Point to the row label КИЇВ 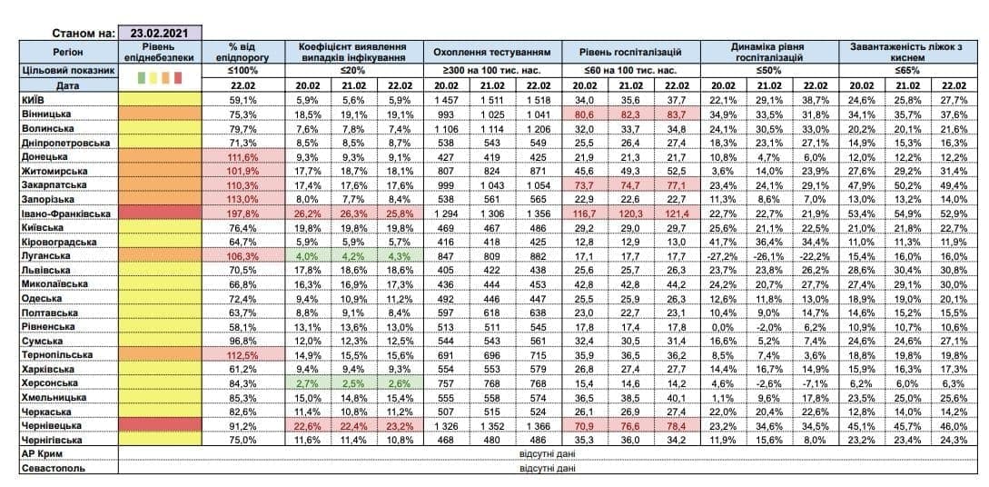pyautogui.click(x=29, y=99)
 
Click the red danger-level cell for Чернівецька pyautogui.click(x=159, y=425)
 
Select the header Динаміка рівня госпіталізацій pyautogui.click(x=767, y=53)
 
